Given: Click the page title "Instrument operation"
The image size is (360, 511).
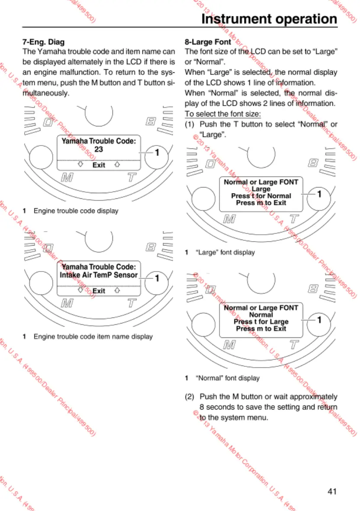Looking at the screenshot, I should pos(269,19).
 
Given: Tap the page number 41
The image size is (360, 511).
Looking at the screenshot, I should pos(332,491).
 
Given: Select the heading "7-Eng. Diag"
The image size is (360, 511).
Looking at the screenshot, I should pos(43,42).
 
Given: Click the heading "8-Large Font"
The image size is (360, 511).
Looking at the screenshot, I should pos(208,42).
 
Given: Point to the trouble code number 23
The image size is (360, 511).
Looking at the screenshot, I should pos(99,149).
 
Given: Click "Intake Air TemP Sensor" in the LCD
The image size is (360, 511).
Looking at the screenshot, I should pos(99,275).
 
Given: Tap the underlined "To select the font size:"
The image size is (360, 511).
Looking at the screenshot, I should pos(222,114).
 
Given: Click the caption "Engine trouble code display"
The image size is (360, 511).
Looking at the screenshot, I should pos(76,211).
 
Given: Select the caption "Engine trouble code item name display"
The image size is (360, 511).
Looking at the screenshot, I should pos(93,336).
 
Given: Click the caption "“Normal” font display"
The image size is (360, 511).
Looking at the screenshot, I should pos(228,378).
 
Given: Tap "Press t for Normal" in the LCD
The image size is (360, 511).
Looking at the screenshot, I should pos(261,196).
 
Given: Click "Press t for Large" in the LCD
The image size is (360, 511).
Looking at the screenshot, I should pos(261,322).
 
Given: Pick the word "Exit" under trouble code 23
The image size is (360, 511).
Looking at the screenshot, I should pos(99,165).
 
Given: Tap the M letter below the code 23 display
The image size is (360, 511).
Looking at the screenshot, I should pos(67,178).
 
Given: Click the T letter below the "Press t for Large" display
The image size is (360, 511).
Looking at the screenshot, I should pos(294,345).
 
